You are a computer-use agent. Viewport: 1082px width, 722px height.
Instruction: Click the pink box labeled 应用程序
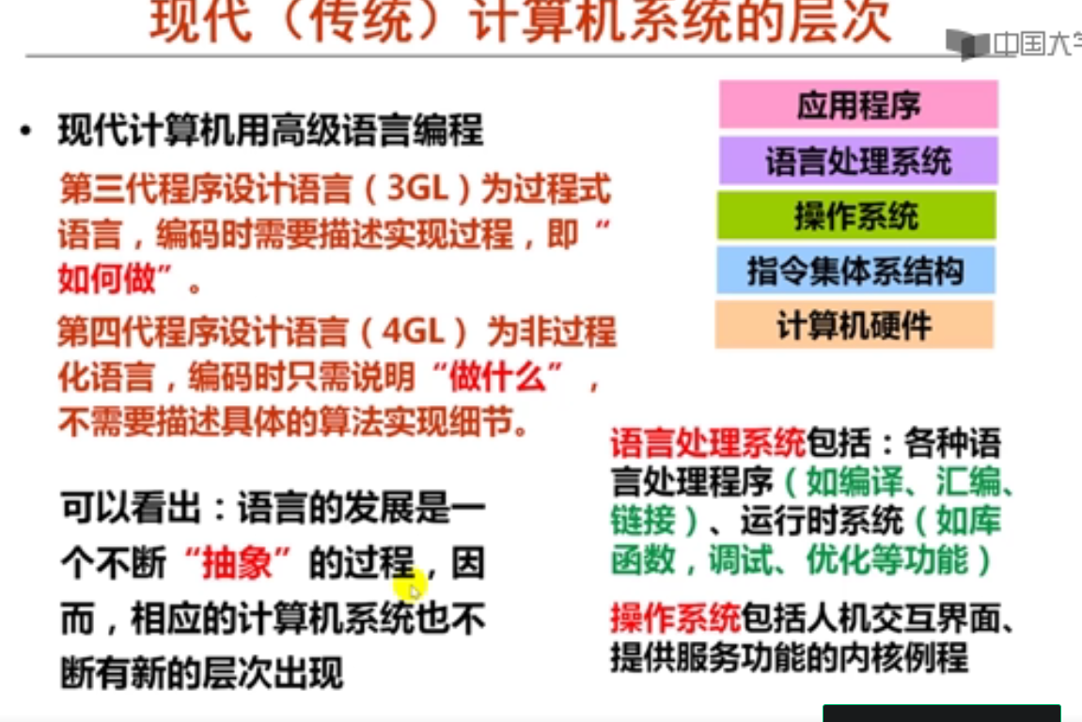[x=858, y=104]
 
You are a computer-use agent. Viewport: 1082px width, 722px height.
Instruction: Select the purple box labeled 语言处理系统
[x=858, y=161]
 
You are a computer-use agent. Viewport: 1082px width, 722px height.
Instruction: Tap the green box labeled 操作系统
[x=856, y=215]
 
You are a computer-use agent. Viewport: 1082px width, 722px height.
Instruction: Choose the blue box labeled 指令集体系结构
[x=855, y=270]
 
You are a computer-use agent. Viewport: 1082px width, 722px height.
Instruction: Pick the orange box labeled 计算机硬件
[x=855, y=324]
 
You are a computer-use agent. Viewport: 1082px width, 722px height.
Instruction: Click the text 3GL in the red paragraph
[x=418, y=188]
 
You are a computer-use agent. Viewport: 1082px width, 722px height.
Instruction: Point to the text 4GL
[x=414, y=331]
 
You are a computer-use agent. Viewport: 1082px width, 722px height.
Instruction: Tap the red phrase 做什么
[x=497, y=376]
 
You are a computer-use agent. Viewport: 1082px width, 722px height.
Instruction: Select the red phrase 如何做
[x=107, y=279]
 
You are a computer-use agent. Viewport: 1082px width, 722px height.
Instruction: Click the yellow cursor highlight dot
[x=411, y=587]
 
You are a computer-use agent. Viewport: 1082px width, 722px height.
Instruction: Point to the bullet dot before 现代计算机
[x=26, y=131]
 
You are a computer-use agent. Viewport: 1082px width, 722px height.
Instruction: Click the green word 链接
[x=643, y=521]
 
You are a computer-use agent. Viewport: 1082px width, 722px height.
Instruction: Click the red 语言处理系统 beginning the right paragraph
[x=708, y=443]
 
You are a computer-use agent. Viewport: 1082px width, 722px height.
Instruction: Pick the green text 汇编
[x=967, y=481]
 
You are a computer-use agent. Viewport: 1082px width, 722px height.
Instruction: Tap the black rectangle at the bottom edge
[x=941, y=713]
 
